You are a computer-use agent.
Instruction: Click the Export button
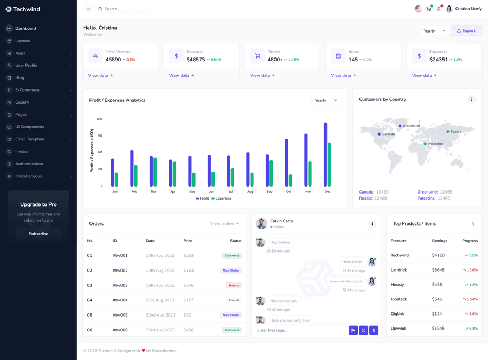click(x=466, y=31)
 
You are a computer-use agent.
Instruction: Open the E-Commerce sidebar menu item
click(x=27, y=90)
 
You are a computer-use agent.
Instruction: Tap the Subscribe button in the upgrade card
click(x=38, y=234)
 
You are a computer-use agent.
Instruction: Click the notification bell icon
click(x=439, y=9)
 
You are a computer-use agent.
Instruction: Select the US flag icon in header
click(x=418, y=9)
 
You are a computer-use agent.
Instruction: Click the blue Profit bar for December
click(x=325, y=155)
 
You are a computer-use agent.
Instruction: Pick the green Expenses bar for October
click(x=291, y=180)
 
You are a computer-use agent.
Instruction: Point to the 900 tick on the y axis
click(x=99, y=136)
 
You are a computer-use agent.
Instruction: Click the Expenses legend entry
click(x=221, y=198)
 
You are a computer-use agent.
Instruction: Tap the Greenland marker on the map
click(x=400, y=126)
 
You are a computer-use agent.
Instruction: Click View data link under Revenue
click(x=181, y=76)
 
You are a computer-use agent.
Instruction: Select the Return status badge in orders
click(x=234, y=285)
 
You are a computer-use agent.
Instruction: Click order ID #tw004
click(x=120, y=300)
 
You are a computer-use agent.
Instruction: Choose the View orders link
click(x=224, y=223)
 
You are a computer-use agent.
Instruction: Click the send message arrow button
click(x=353, y=330)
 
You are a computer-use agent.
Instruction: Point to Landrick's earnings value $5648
click(x=438, y=270)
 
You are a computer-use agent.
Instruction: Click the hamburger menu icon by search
click(x=88, y=9)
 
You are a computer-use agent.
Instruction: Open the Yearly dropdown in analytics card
click(x=326, y=100)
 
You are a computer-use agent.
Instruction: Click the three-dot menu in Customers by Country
click(x=471, y=99)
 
